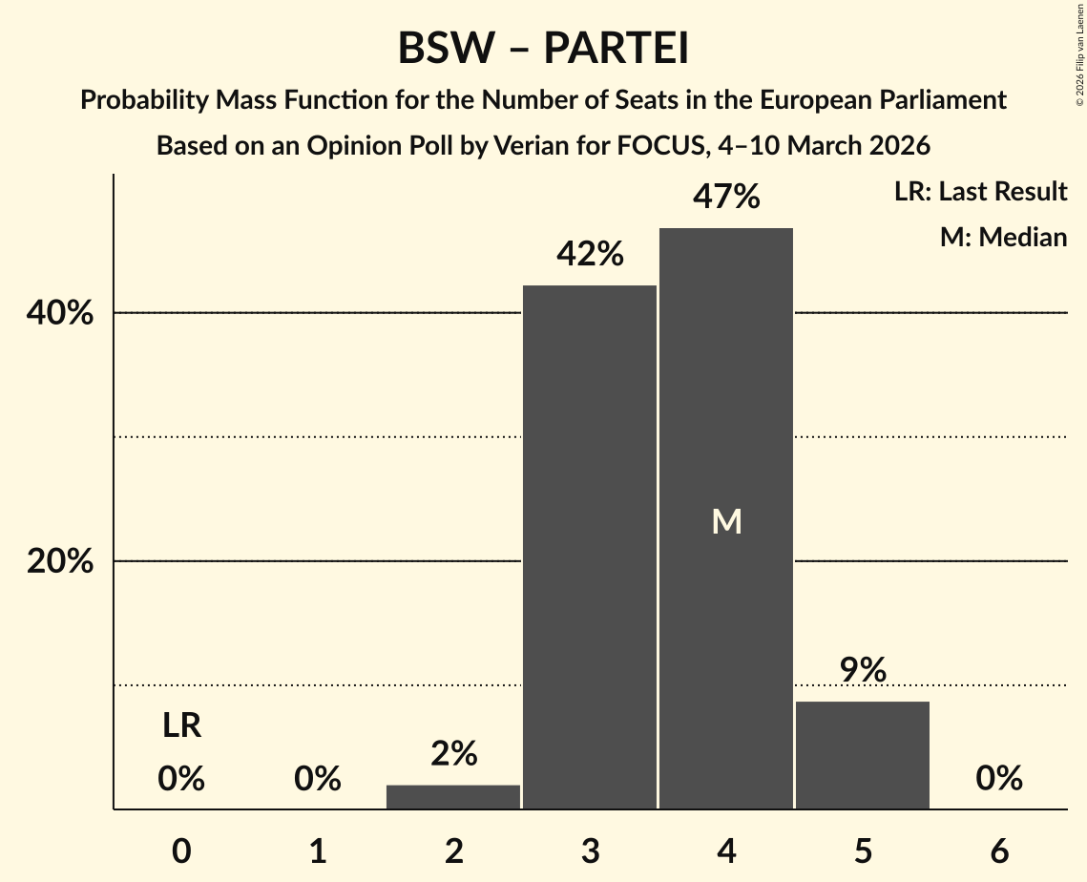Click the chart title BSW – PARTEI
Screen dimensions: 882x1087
point(543,49)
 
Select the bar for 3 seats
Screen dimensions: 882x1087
point(590,547)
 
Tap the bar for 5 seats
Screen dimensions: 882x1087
point(863,755)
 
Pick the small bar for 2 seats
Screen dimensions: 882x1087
point(453,797)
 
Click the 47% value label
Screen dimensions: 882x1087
point(726,198)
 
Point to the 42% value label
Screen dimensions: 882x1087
point(590,255)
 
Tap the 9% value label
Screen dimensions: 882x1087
point(863,670)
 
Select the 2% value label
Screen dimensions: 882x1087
point(453,754)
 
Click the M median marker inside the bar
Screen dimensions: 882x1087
point(726,521)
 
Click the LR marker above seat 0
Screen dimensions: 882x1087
point(181,726)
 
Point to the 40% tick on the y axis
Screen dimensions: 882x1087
point(60,313)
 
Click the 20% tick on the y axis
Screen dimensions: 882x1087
point(60,561)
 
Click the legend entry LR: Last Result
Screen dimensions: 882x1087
point(980,192)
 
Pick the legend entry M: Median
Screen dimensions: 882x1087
point(1003,237)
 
